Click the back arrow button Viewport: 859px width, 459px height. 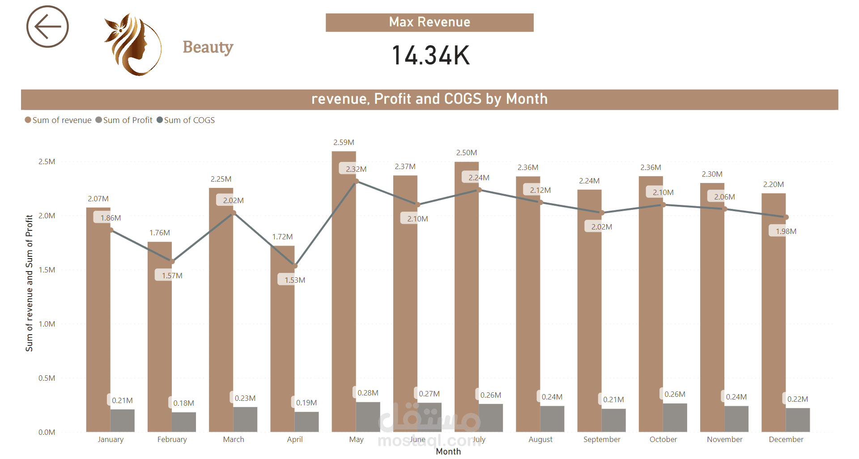(47, 27)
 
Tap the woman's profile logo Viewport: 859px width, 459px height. (133, 45)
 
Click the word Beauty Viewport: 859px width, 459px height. (208, 47)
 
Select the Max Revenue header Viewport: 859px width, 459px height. (429, 22)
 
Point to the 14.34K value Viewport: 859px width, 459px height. (430, 55)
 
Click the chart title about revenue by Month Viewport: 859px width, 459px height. (429, 99)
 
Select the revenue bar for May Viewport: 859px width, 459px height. (344, 291)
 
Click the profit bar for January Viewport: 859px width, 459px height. (123, 421)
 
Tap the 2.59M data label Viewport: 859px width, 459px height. (344, 142)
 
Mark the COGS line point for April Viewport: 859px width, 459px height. (295, 266)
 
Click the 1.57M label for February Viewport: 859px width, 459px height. (172, 276)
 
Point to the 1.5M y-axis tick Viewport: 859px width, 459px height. (47, 270)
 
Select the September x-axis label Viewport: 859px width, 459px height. (602, 439)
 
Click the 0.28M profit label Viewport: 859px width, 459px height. (368, 393)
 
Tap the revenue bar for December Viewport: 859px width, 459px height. (774, 313)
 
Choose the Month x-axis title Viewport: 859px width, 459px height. (448, 451)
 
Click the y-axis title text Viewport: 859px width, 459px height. (30, 283)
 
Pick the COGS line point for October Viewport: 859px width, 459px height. (663, 205)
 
